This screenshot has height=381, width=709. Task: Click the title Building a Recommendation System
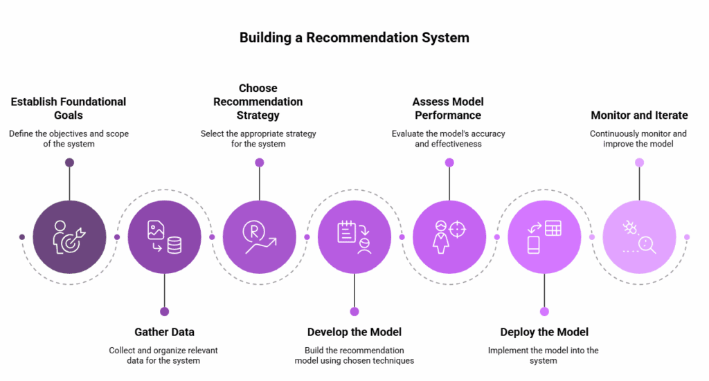pyautogui.click(x=354, y=37)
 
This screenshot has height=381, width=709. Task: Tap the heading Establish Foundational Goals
pyautogui.click(x=68, y=108)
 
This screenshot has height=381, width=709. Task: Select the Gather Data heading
pyautogui.click(x=164, y=332)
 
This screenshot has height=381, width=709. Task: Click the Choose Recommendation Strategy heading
pyautogui.click(x=258, y=102)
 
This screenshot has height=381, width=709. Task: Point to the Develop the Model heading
pyautogui.click(x=354, y=332)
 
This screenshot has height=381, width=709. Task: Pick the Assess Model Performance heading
pyautogui.click(x=448, y=108)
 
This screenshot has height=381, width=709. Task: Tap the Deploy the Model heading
pyautogui.click(x=544, y=332)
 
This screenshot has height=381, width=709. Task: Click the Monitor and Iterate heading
pyautogui.click(x=639, y=115)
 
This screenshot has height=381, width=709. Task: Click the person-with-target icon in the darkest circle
pyautogui.click(x=69, y=236)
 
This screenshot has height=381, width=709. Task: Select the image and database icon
pyautogui.click(x=164, y=236)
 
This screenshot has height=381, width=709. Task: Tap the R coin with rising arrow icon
pyautogui.click(x=259, y=236)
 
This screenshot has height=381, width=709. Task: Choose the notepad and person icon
pyautogui.click(x=354, y=236)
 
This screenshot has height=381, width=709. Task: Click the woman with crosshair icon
pyautogui.click(x=449, y=236)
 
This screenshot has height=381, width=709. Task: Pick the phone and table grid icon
pyautogui.click(x=544, y=236)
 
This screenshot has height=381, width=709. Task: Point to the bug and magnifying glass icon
pyautogui.click(x=639, y=236)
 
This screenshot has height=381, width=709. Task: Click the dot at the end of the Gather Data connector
pyautogui.click(x=164, y=311)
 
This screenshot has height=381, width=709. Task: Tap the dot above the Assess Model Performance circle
pyautogui.click(x=449, y=162)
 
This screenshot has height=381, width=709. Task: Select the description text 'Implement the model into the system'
pyautogui.click(x=544, y=355)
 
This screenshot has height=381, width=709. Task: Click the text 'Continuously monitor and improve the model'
pyautogui.click(x=638, y=138)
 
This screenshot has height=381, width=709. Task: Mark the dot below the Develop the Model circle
pyautogui.click(x=354, y=311)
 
